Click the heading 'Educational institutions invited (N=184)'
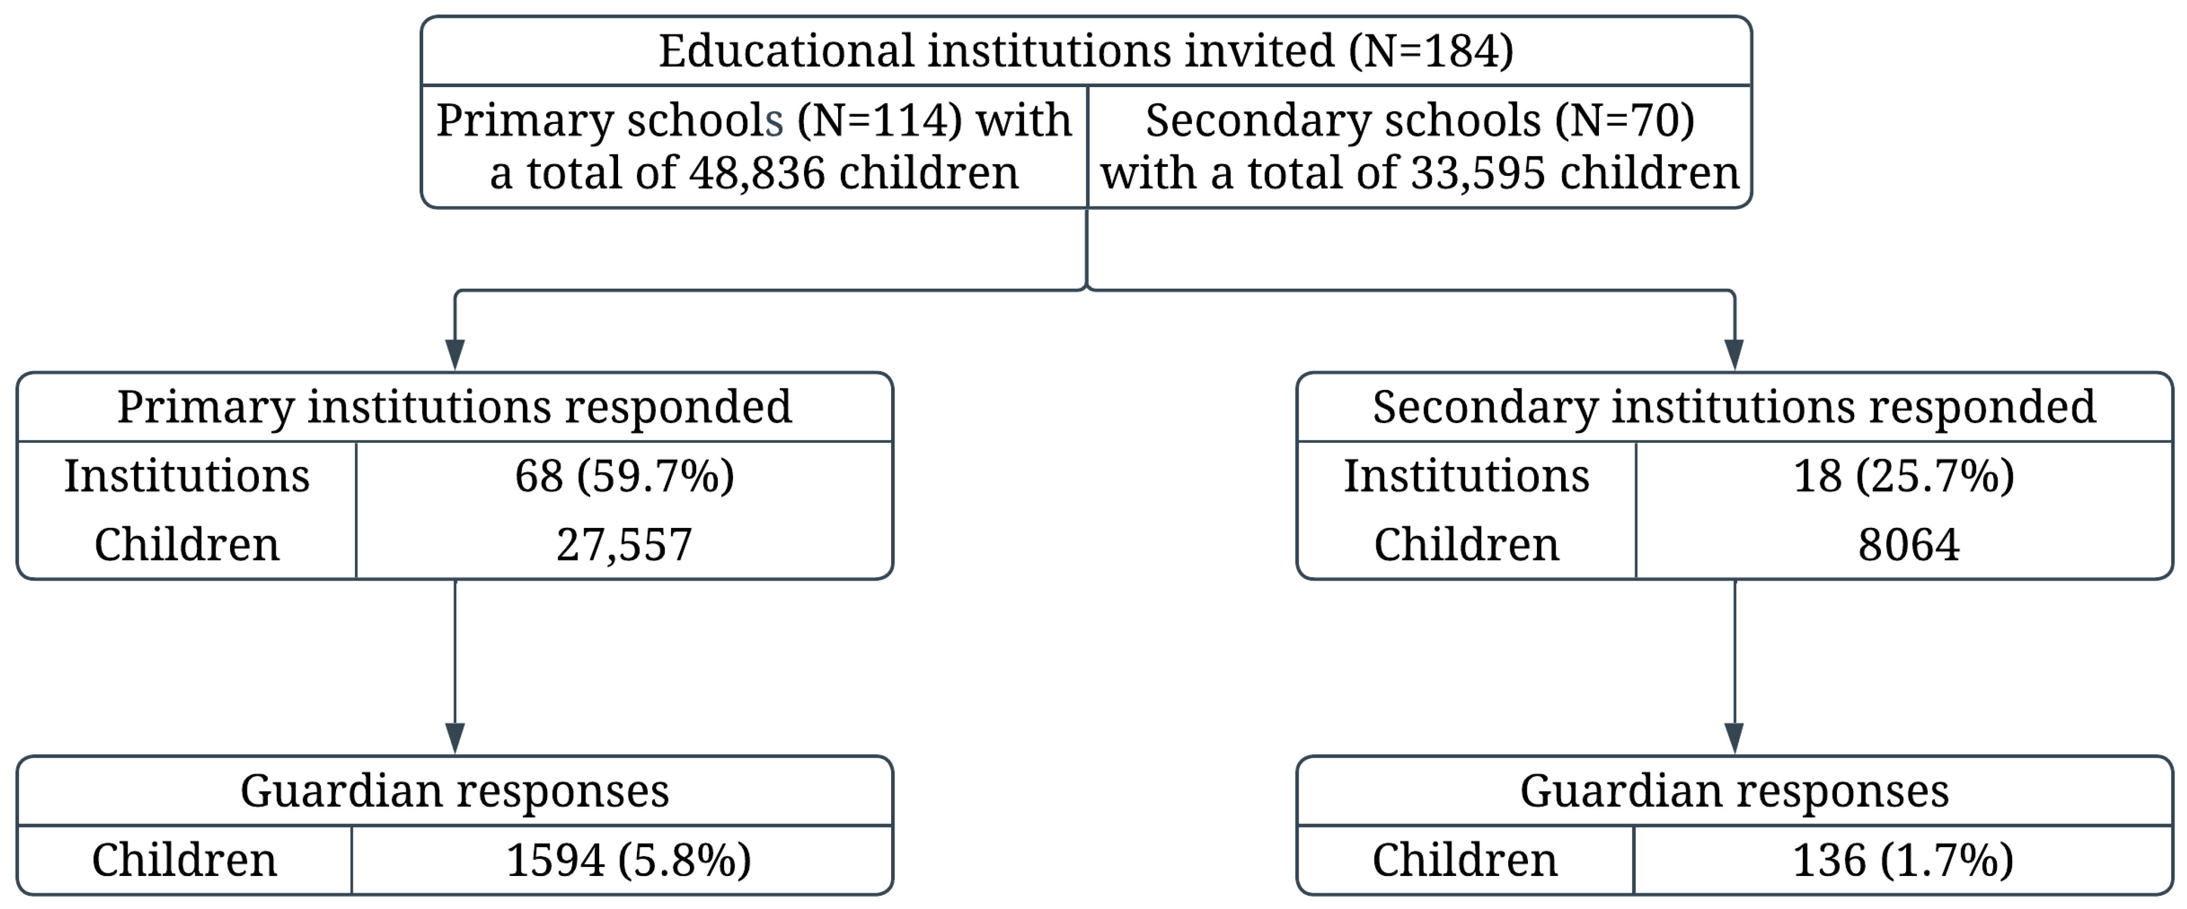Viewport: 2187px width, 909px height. point(1086,51)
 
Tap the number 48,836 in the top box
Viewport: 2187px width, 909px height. point(757,173)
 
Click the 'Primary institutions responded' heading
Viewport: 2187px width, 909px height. point(454,407)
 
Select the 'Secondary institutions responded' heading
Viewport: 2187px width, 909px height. point(1734,407)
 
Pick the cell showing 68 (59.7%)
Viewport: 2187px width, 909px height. point(624,475)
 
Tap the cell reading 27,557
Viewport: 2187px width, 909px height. point(624,544)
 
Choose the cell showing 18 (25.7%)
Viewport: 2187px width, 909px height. point(1903,475)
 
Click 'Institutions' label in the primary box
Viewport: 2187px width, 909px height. point(187,475)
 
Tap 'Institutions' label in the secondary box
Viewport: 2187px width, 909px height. point(1466,475)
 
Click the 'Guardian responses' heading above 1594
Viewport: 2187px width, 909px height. point(454,791)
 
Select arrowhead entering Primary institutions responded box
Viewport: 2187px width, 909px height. point(455,353)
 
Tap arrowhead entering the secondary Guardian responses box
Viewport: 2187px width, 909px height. point(1734,737)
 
